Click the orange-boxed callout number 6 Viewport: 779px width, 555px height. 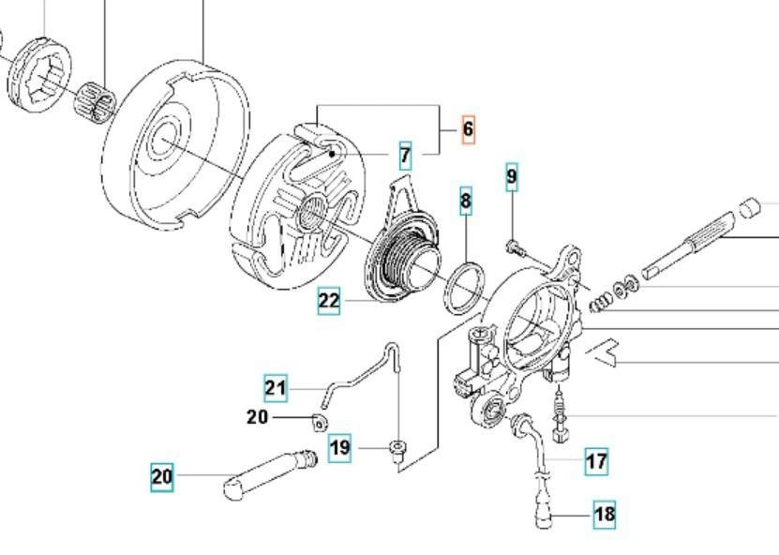[469, 129]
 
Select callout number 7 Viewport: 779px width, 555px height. [405, 155]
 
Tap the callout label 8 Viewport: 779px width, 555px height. [466, 201]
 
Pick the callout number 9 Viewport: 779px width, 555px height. [512, 176]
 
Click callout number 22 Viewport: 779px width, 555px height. [329, 301]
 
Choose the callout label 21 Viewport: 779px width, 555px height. [275, 387]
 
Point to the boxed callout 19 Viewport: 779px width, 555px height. [340, 448]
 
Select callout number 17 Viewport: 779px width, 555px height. [596, 461]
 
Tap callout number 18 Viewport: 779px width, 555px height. [605, 514]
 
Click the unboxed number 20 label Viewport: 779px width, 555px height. [257, 416]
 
